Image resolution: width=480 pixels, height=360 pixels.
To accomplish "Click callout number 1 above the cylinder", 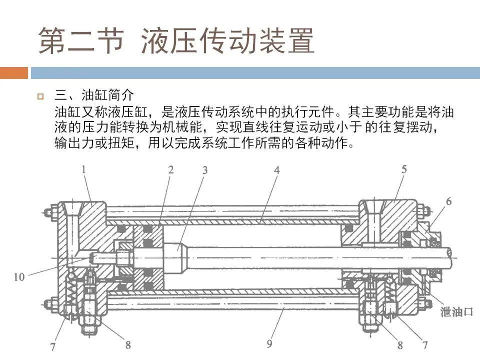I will [83, 170].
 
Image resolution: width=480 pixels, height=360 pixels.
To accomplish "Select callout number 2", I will [170, 170].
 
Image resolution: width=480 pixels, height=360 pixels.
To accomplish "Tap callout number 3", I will [205, 170].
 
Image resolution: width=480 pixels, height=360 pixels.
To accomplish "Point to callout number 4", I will [276, 170].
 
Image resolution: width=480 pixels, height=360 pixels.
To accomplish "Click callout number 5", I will [403, 170].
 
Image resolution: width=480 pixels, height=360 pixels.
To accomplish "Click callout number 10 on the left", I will [19, 276].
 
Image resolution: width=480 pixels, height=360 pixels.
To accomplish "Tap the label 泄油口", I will [456, 312].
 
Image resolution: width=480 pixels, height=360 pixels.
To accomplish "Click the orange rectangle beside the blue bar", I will [13, 73].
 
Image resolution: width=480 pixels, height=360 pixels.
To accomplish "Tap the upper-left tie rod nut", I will [49, 212].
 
